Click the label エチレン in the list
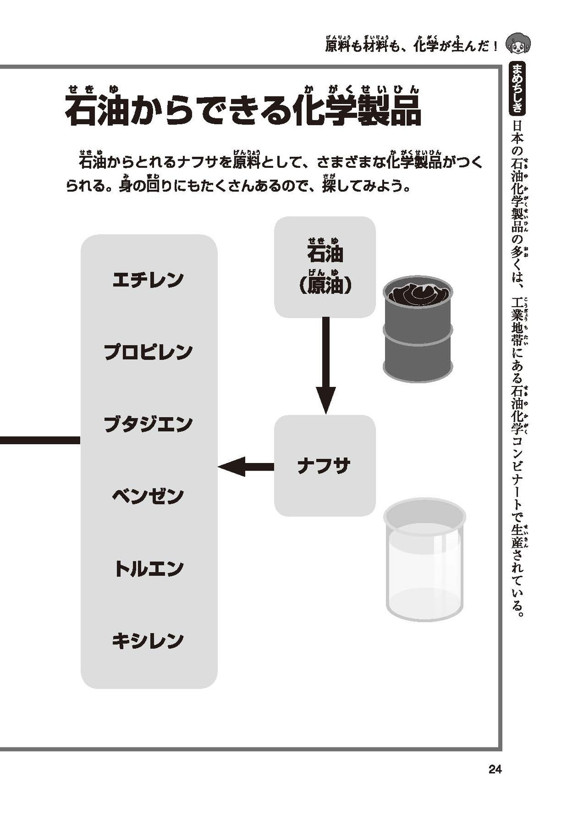(x=148, y=280)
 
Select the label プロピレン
(x=148, y=352)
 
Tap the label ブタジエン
(x=148, y=424)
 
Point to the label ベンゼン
(x=148, y=496)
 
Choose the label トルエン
(x=148, y=568)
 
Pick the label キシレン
(x=148, y=641)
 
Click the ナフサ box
(x=325, y=466)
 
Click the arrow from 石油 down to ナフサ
(x=326, y=364)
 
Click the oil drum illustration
(x=417, y=331)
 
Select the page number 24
(x=495, y=769)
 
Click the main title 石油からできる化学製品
(x=242, y=112)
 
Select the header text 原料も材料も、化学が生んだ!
(x=411, y=46)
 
